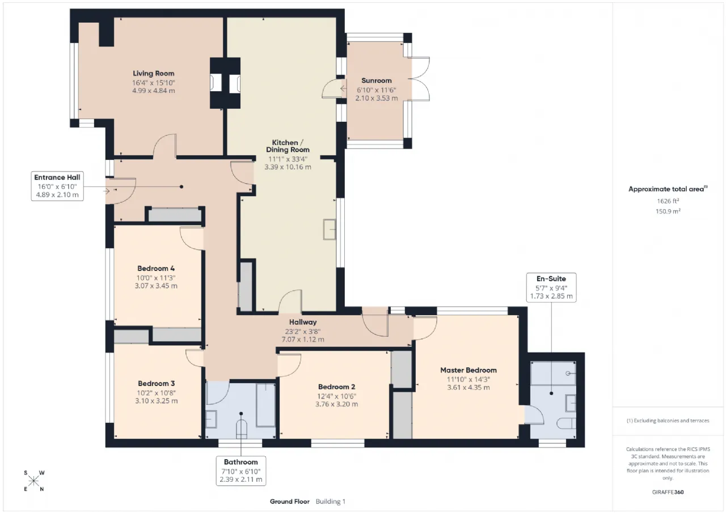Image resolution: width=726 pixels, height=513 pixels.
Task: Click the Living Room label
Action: click(x=153, y=74)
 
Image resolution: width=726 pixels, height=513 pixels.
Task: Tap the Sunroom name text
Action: click(x=376, y=80)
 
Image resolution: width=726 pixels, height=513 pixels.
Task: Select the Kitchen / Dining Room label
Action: click(x=288, y=146)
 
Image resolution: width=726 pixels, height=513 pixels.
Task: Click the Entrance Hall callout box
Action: click(x=57, y=186)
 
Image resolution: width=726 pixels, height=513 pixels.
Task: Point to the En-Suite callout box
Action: click(x=551, y=287)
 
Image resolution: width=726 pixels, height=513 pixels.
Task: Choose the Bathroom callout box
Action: click(x=241, y=471)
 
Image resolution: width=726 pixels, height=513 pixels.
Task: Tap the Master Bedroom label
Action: click(x=468, y=370)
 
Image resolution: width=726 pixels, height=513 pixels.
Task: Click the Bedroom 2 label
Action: click(x=336, y=387)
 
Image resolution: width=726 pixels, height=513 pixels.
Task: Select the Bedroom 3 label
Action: click(x=156, y=384)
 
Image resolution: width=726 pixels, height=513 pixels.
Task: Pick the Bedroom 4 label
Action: click(x=156, y=269)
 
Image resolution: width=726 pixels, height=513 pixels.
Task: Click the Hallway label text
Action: click(x=303, y=322)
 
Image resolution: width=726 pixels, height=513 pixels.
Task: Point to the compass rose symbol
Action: click(x=33, y=481)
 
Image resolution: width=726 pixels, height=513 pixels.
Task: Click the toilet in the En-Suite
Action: click(x=566, y=423)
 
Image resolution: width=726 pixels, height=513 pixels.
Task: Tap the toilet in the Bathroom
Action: click(x=241, y=427)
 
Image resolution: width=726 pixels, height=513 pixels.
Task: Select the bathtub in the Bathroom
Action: click(x=265, y=405)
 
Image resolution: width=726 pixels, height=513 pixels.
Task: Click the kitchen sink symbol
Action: click(x=330, y=230)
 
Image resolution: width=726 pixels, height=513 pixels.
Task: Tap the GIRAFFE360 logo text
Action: click(x=668, y=492)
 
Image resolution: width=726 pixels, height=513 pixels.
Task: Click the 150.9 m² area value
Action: click(x=668, y=211)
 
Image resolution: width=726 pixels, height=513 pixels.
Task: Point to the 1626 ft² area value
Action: click(x=668, y=201)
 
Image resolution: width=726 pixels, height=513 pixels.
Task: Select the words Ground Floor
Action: click(x=290, y=502)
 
